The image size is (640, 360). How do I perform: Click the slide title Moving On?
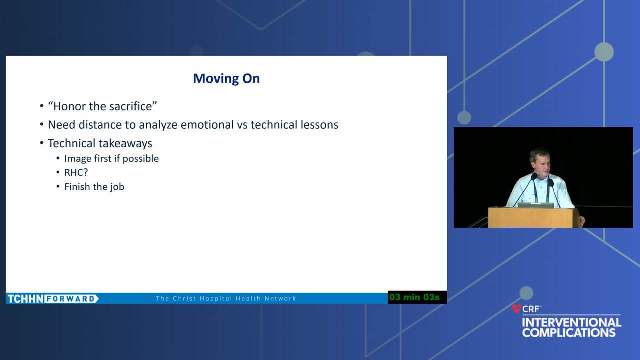click(x=226, y=79)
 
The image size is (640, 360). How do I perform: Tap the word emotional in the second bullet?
click(x=207, y=125)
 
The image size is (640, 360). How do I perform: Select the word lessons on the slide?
click(x=319, y=125)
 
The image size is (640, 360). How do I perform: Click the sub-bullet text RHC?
click(x=76, y=173)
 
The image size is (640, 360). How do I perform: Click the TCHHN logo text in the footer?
click(x=25, y=299)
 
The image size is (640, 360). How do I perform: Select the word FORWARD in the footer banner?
click(x=71, y=299)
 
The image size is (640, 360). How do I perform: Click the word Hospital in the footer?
click(x=216, y=299)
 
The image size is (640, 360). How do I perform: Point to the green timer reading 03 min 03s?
click(x=414, y=297)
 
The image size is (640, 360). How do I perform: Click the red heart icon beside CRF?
click(x=516, y=309)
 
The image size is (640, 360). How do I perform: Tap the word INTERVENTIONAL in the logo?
click(x=571, y=323)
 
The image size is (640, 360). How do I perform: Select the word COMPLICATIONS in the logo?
click(x=569, y=333)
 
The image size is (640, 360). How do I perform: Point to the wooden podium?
click(x=533, y=217)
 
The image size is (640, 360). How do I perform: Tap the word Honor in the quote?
click(x=69, y=106)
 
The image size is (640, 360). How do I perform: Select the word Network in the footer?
click(x=280, y=299)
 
